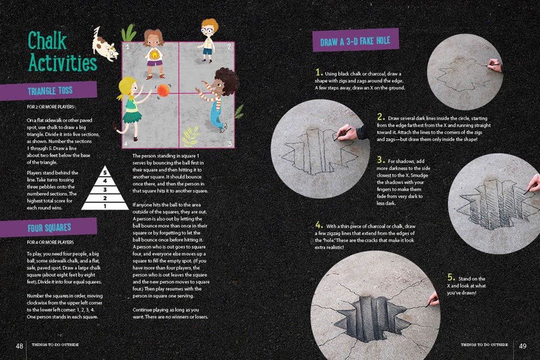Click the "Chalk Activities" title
62,52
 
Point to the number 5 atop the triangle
106,173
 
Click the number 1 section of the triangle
106,205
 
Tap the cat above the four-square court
105,44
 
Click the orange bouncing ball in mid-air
163,90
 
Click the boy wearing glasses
208,38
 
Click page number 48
19,346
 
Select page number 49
522,346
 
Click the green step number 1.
319,73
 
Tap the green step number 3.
381,160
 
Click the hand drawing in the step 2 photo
348,132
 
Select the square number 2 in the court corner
229,47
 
